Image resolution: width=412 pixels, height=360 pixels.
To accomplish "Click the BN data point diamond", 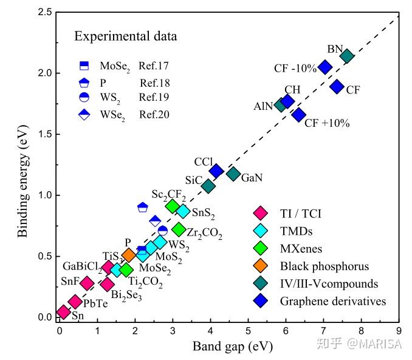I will [347, 56].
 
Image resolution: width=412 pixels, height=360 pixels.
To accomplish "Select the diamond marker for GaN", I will [233, 174].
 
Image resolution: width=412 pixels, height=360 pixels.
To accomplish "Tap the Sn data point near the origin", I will [63, 312].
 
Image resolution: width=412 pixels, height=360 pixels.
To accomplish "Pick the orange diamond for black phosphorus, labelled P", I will [129, 256].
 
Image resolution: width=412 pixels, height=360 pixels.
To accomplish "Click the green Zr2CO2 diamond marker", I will [179, 229].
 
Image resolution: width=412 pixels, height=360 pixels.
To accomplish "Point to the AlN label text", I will [263, 106].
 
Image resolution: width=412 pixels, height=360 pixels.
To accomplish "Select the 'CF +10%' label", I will [327, 123].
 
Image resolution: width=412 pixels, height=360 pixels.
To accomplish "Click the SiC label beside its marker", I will [193, 180].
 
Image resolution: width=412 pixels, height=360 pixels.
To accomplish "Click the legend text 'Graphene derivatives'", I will [333, 301].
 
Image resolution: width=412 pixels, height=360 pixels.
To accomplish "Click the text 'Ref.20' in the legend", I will [154, 114].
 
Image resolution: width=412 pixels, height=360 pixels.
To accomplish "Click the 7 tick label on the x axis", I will [323, 331].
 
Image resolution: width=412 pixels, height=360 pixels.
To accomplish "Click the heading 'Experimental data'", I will [126, 36].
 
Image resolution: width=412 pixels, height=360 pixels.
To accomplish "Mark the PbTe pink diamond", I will [75, 302].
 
